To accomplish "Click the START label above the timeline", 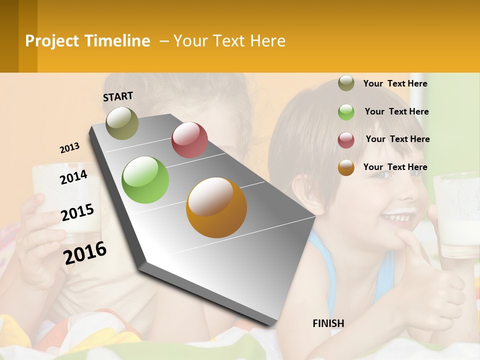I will click(118, 96).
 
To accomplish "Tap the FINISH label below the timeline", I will click(328, 323).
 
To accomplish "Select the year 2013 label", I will click(69, 148).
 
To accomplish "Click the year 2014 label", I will click(73, 177).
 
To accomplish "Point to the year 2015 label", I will click(77, 212).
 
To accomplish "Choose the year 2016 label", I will click(85, 252).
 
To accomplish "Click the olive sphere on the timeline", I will click(122, 123).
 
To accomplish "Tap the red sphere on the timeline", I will click(189, 140).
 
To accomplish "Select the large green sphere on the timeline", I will click(145, 180).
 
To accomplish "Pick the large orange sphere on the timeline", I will click(216, 207).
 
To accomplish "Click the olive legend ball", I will click(346, 83).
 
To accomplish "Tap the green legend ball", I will click(346, 112).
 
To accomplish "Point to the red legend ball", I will click(346, 139).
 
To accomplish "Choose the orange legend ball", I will click(346, 167).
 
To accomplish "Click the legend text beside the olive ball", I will click(395, 83).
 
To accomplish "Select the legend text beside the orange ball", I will click(395, 167).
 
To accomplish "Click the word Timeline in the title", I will click(117, 41).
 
